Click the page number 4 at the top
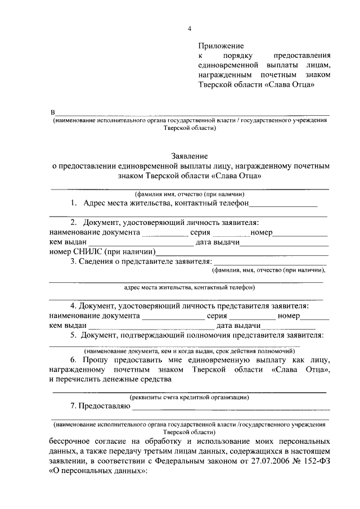pos(189,29)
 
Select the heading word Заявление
pos(190,155)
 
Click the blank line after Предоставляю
pos(231,408)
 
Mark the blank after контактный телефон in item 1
pos(284,205)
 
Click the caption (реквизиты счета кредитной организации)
pos(190,397)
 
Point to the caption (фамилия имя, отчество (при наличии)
pos(190,193)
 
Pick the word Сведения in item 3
pos(98,262)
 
